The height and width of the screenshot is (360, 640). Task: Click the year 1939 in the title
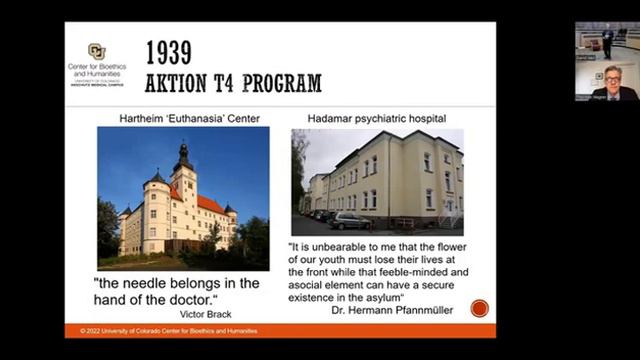coord(169,53)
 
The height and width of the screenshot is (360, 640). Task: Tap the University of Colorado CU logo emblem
coord(96,51)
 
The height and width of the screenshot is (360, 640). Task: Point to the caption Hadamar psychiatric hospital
coord(377,119)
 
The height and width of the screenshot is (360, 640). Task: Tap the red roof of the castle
coord(209,204)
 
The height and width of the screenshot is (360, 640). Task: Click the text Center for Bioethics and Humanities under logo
coord(97,71)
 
